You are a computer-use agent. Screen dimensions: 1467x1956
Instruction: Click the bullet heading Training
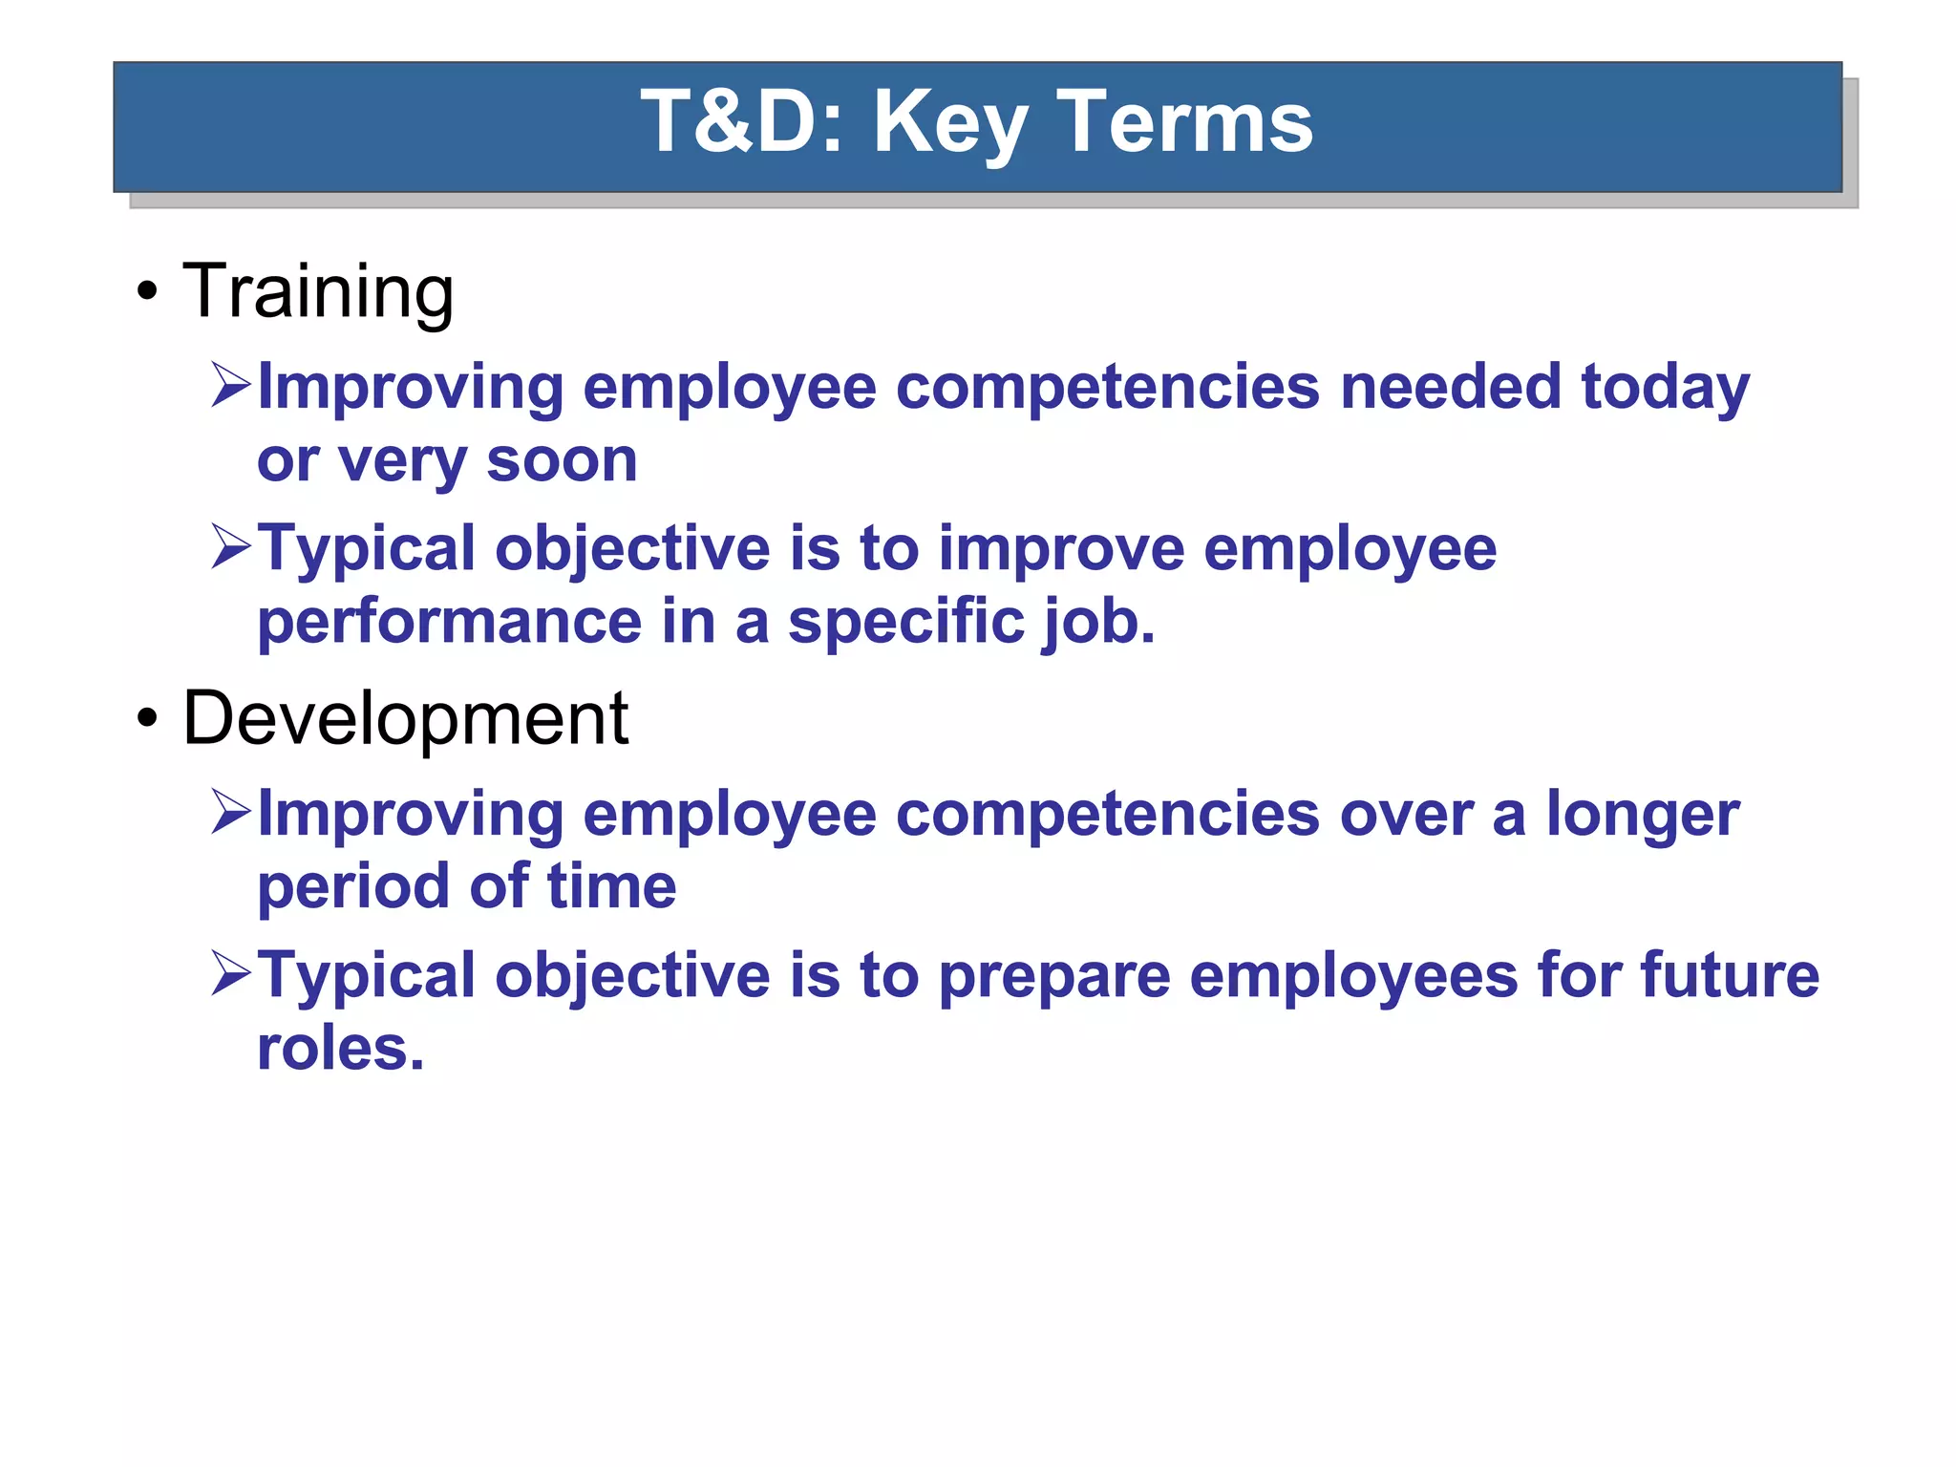pyautogui.click(x=318, y=291)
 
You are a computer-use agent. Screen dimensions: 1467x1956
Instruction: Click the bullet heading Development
pyautogui.click(x=405, y=718)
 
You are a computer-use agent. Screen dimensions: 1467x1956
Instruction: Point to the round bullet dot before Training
pyautogui.click(x=146, y=292)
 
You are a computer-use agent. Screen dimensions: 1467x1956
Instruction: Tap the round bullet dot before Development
pyautogui.click(x=146, y=719)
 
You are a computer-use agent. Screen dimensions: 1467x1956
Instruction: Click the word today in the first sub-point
pyautogui.click(x=1665, y=389)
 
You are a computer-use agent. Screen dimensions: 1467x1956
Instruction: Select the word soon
pyautogui.click(x=562, y=460)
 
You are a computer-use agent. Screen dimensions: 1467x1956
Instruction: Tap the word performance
pyautogui.click(x=449, y=623)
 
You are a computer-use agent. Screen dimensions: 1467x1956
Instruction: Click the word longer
pyautogui.click(x=1643, y=816)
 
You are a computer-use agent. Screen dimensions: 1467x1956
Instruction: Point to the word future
pyautogui.click(x=1730, y=975)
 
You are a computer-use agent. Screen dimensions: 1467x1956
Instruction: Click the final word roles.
pyautogui.click(x=340, y=1049)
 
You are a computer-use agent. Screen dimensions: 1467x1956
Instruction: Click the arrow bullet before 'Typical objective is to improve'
pyautogui.click(x=230, y=548)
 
